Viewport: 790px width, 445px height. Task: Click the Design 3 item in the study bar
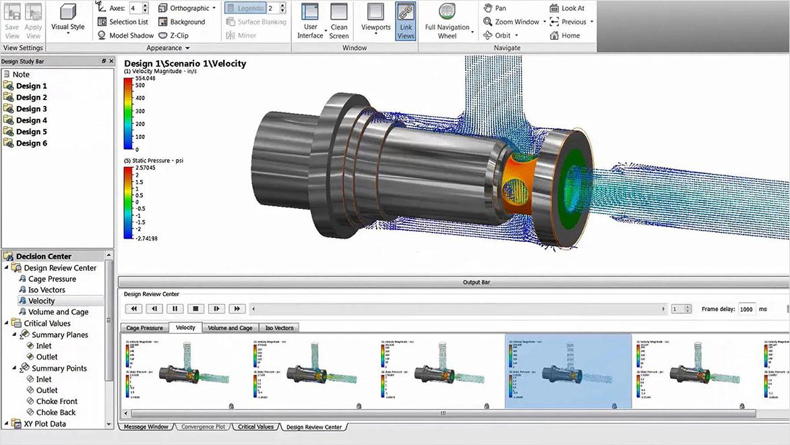32,109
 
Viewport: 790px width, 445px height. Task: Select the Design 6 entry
32,143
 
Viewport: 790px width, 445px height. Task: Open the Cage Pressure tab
144,328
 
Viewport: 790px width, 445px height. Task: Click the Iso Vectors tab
279,328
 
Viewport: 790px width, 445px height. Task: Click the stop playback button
195,309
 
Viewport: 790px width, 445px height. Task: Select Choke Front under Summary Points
57,401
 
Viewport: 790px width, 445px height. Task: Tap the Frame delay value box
747,309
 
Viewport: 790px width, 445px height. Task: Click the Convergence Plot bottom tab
204,427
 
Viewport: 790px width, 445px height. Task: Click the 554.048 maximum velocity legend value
145,78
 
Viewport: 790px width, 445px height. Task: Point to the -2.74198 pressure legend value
146,239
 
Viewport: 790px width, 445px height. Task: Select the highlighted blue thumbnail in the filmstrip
568,371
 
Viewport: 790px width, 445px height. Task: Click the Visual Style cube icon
68,12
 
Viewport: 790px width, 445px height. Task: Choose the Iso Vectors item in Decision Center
47,290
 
